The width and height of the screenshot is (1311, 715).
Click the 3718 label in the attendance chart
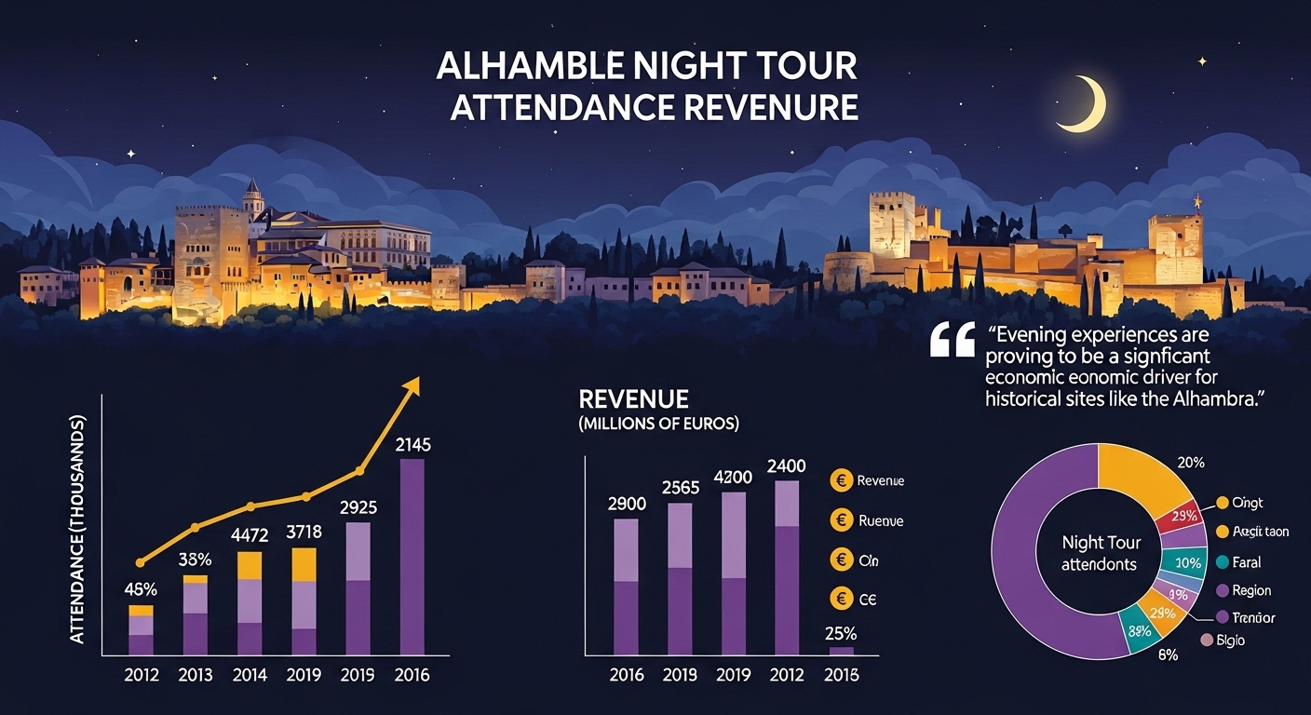tap(305, 532)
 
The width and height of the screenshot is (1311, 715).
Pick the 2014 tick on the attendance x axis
tap(250, 675)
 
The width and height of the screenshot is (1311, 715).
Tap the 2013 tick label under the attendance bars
tap(196, 675)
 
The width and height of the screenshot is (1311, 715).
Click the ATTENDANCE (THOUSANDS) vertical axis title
tap(78, 528)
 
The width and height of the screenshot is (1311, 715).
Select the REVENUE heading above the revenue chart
tap(633, 399)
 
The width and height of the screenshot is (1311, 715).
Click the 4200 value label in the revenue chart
tap(734, 477)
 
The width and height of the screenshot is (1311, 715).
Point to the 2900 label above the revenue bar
tap(626, 504)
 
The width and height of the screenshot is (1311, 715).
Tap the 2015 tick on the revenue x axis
tap(842, 675)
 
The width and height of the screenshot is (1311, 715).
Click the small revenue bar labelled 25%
tap(841, 650)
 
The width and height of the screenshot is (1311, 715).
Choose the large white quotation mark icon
tap(952, 342)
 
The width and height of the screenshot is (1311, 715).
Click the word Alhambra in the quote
tap(1220, 399)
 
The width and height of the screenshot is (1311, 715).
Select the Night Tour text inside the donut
tap(1101, 542)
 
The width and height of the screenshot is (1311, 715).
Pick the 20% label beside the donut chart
tap(1191, 463)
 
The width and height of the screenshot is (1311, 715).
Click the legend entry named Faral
tap(1245, 562)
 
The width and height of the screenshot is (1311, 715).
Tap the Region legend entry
tap(1250, 590)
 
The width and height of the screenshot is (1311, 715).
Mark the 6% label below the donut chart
tap(1168, 654)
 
